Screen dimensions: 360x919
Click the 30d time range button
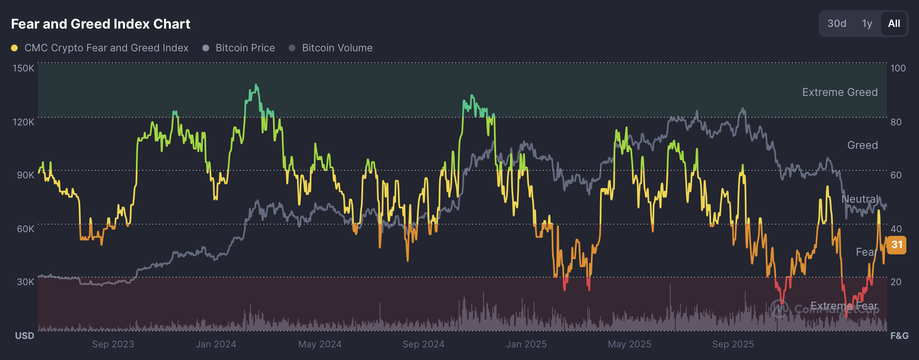[837, 24]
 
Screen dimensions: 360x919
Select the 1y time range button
[867, 24]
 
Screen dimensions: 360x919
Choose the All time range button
[894, 24]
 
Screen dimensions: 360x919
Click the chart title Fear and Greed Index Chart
[101, 24]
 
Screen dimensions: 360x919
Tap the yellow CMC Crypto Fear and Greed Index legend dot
[14, 48]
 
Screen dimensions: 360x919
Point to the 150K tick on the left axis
[23, 68]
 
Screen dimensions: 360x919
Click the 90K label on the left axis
[25, 175]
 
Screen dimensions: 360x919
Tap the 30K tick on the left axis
[25, 282]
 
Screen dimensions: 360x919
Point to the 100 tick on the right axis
[898, 68]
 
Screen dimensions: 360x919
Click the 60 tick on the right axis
[896, 175]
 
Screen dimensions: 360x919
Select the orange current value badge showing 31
[897, 245]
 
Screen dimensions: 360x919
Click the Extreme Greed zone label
[840, 92]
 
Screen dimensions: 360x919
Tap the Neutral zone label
[860, 199]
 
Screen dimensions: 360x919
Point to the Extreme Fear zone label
[844, 306]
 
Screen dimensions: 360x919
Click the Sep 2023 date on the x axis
[113, 344]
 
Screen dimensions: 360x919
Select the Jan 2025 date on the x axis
[526, 344]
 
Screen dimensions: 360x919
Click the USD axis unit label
[24, 336]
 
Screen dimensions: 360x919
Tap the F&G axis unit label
[899, 336]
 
